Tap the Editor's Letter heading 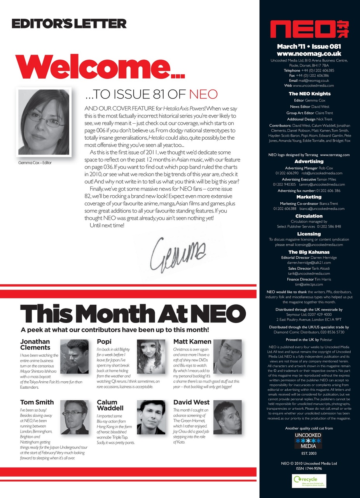pos(69,24)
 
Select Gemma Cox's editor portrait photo pos(43,122)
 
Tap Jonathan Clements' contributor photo pos(77,356)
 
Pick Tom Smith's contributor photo pos(74,417)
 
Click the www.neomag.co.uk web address pos(309,54)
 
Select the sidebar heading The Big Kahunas pos(309,252)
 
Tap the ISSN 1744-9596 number pos(309,468)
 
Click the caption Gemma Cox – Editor pos(35,162)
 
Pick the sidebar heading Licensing pos(309,234)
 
